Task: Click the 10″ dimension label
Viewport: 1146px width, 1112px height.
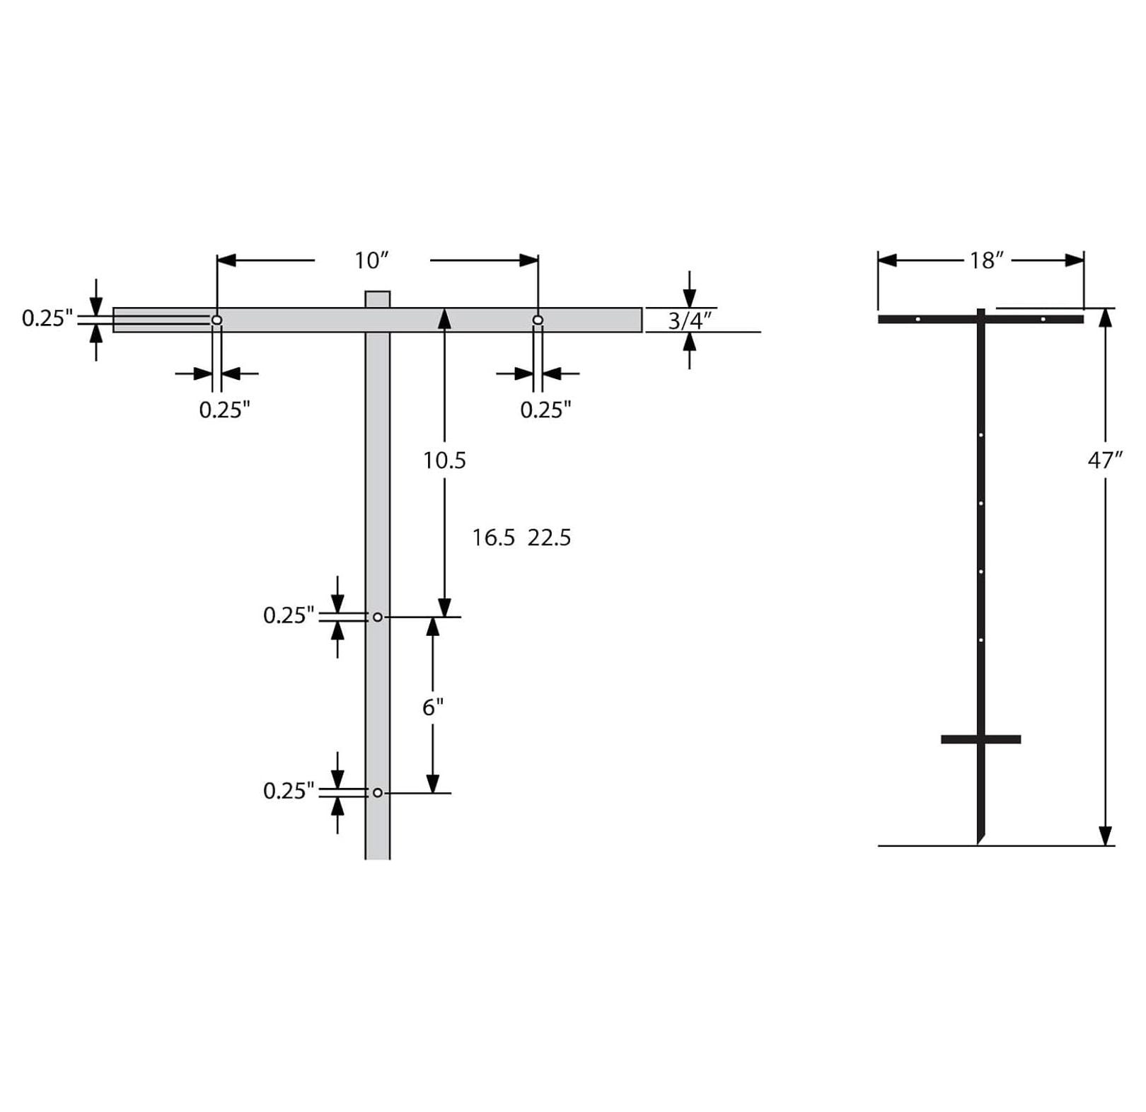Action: tap(372, 260)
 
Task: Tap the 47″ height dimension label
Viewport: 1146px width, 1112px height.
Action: tap(1104, 461)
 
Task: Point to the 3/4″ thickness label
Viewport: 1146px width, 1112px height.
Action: tap(689, 321)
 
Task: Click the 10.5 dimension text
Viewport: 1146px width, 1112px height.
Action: tap(444, 461)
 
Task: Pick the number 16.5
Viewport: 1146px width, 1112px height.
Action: tap(493, 538)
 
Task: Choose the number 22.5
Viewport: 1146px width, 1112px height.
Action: tap(549, 538)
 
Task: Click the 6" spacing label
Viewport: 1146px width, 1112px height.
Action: tap(433, 707)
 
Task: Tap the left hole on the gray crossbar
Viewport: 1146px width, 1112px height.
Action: tap(217, 320)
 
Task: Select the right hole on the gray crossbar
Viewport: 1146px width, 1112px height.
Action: tap(538, 320)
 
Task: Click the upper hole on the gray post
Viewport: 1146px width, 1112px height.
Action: tap(377, 618)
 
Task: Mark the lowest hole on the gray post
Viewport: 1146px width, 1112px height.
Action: tap(377, 793)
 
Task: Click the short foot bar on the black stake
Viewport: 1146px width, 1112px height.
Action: tap(980, 739)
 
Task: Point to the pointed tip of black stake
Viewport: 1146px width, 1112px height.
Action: tap(979, 841)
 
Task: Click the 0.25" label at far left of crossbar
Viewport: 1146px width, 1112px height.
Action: tap(47, 318)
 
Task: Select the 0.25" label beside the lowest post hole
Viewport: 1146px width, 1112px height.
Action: tap(288, 791)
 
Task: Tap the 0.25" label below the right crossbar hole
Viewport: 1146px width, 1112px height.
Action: tap(545, 410)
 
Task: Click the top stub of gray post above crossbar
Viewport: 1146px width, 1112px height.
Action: tap(377, 299)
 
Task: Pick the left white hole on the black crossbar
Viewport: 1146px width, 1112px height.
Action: tap(918, 319)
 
